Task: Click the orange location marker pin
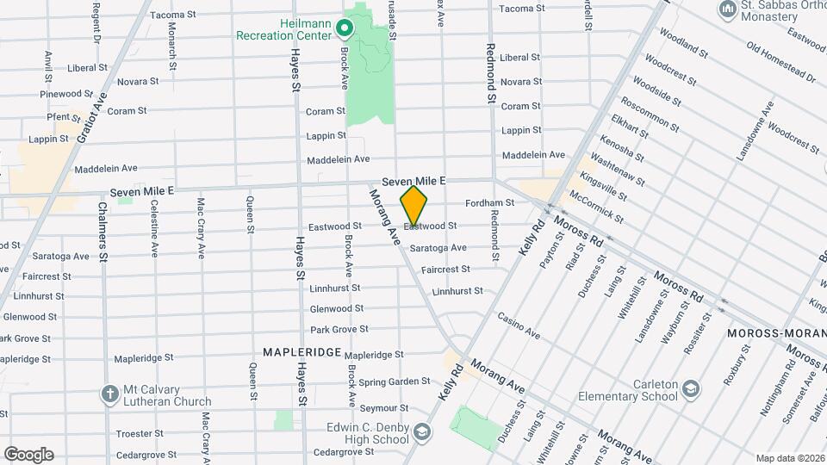tap(414, 206)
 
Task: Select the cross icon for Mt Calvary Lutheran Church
tap(109, 394)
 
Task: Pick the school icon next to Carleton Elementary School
tap(690, 390)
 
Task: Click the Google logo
tap(28, 454)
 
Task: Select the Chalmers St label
tap(103, 232)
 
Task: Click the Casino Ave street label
tap(519, 325)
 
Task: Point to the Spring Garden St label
tap(395, 381)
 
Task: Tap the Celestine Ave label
tap(154, 229)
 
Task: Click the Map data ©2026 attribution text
tap(790, 458)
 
